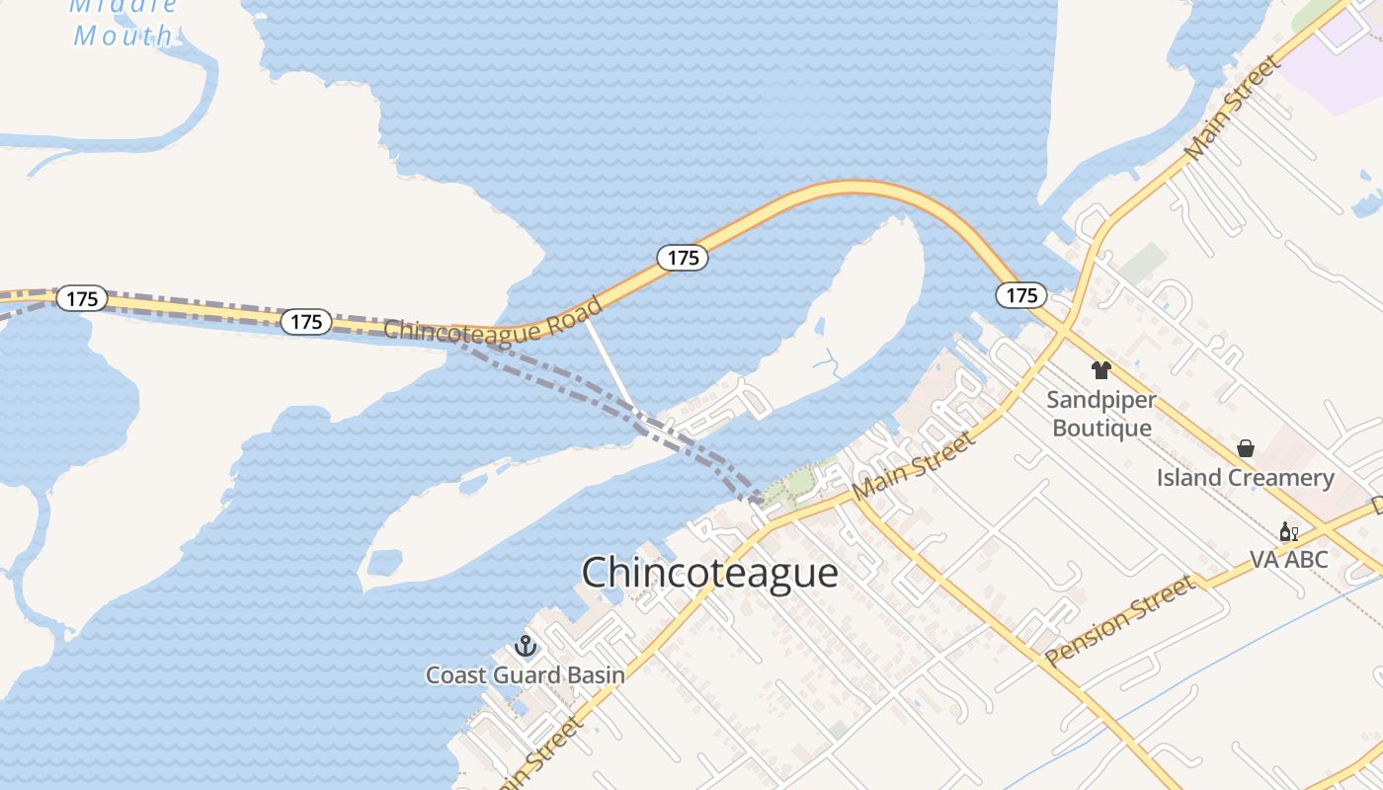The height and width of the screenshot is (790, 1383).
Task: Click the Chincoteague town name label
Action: pyautogui.click(x=709, y=573)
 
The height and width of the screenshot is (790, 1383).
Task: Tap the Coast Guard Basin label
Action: pyautogui.click(x=525, y=675)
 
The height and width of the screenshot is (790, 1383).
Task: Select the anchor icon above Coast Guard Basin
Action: pyautogui.click(x=526, y=647)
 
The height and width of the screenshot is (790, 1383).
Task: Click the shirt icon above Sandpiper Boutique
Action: pyautogui.click(x=1100, y=370)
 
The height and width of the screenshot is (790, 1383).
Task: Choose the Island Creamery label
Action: pyautogui.click(x=1245, y=478)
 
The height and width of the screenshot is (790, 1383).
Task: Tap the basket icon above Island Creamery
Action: pyautogui.click(x=1246, y=448)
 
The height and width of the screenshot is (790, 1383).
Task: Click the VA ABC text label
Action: pyautogui.click(x=1288, y=559)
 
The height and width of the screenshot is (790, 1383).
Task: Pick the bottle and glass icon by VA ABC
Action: pyautogui.click(x=1288, y=533)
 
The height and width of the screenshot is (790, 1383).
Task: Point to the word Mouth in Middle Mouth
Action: pyautogui.click(x=122, y=37)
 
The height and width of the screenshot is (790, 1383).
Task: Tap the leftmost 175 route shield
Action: pyautogui.click(x=81, y=298)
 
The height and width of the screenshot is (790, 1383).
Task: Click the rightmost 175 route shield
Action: pyautogui.click(x=1021, y=294)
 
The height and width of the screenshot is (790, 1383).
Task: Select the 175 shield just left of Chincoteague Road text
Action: pyautogui.click(x=306, y=321)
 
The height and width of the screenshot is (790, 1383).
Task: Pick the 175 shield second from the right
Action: pyautogui.click(x=683, y=258)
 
